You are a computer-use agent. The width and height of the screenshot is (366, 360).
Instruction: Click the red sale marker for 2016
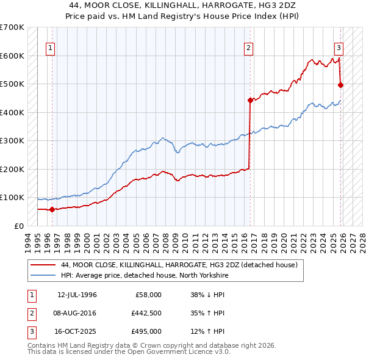pyautogui.click(x=250, y=100)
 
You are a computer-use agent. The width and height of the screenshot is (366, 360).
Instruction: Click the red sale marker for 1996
pyautogui.click(x=52, y=209)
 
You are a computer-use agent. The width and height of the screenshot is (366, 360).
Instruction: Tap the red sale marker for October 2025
pyautogui.click(x=340, y=85)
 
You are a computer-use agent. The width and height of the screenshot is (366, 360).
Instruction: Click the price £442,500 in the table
pyautogui.click(x=146, y=313)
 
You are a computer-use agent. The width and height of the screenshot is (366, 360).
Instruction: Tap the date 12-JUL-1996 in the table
pyautogui.click(x=77, y=295)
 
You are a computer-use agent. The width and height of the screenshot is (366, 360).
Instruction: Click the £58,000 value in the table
pyautogui.click(x=148, y=295)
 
